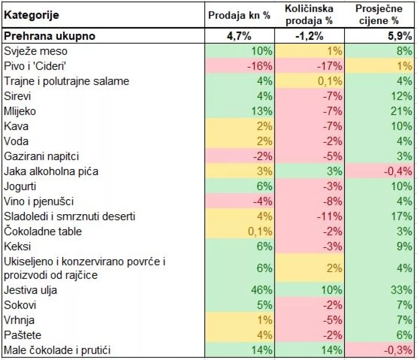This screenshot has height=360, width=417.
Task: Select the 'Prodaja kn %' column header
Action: tap(239, 15)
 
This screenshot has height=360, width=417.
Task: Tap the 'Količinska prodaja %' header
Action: tap(309, 15)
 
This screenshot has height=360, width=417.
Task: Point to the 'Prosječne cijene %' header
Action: tap(378, 15)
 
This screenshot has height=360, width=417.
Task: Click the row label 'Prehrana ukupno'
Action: tap(50, 36)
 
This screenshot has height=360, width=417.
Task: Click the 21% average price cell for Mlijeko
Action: tap(403, 111)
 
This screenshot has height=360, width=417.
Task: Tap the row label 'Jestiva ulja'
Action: tap(31, 290)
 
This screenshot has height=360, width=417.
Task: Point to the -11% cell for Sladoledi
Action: tap(332, 216)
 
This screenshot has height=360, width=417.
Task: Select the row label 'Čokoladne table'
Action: tap(43, 231)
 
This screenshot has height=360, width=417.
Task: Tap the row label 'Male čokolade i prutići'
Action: tap(57, 350)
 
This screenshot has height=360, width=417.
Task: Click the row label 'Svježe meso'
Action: tap(36, 51)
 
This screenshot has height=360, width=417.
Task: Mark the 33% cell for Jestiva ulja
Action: tap(403, 290)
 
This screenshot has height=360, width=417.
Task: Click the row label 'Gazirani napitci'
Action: tap(42, 156)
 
